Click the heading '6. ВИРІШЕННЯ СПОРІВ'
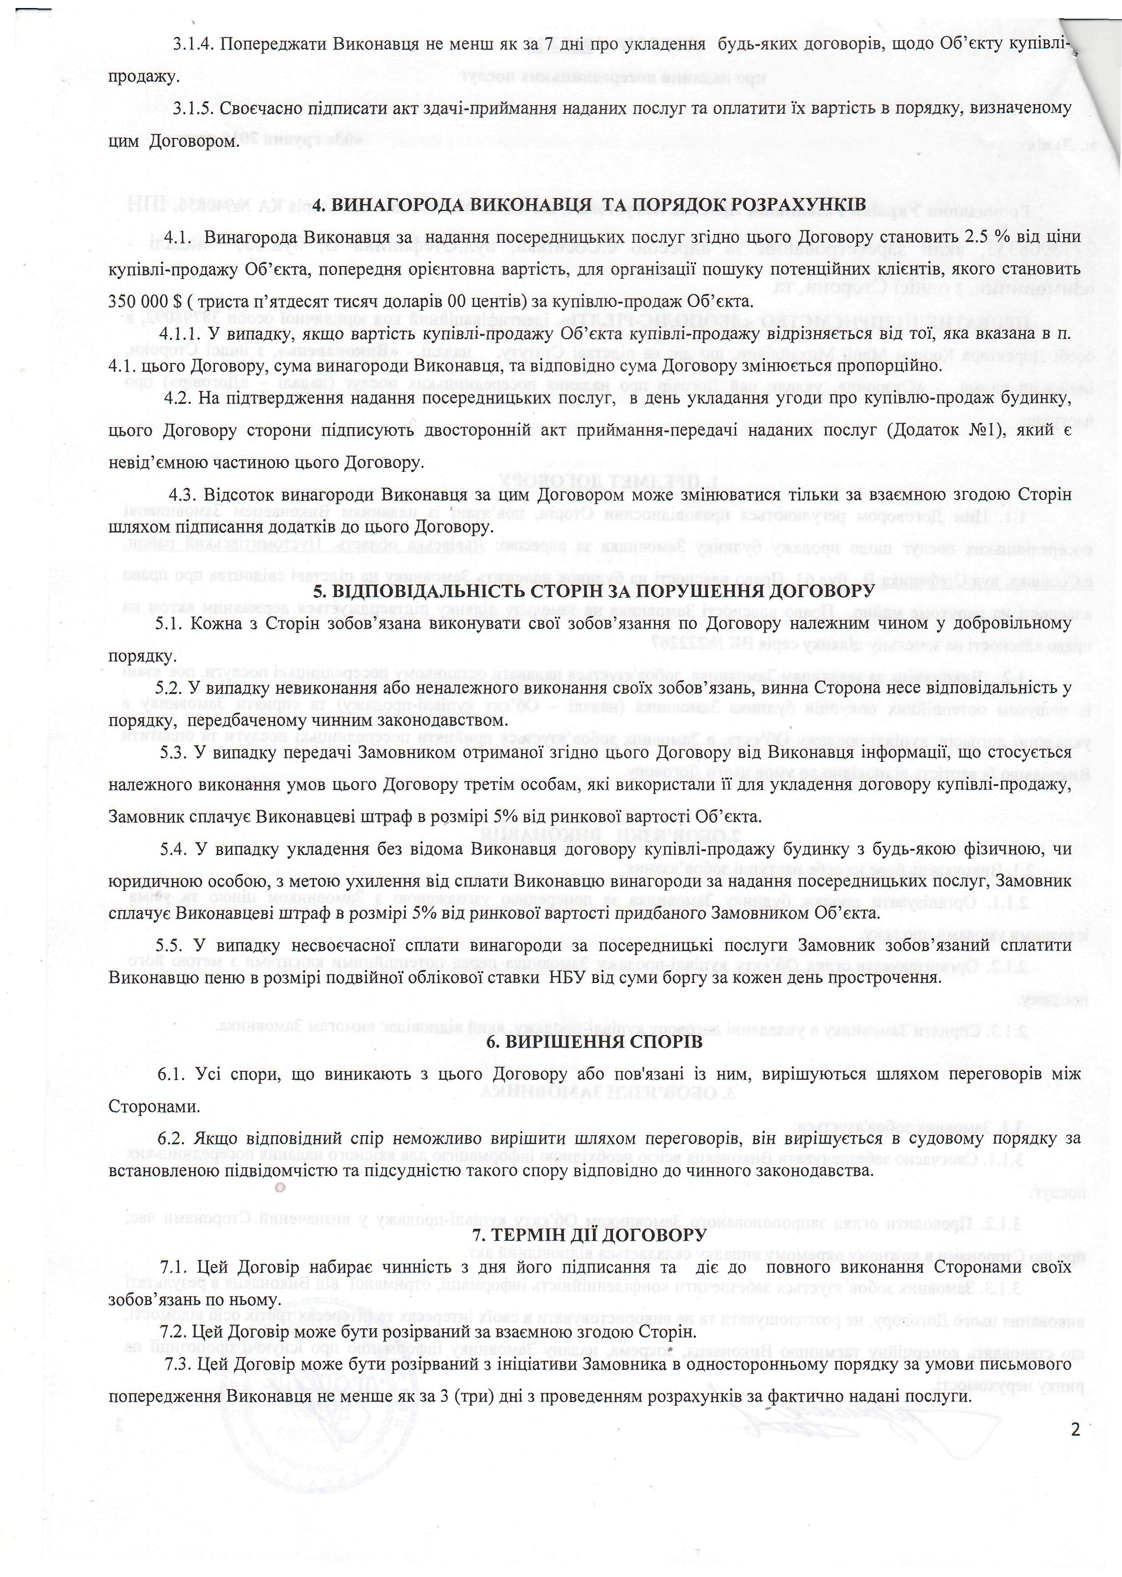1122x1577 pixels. click(594, 1042)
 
